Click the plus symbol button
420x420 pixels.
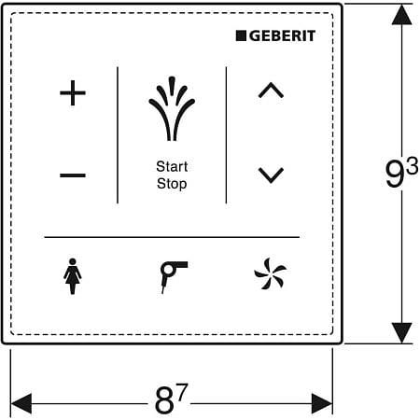pyautogui.click(x=73, y=92)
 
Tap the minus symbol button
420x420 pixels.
pyautogui.click(x=73, y=175)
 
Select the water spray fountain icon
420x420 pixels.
pyautogui.click(x=172, y=109)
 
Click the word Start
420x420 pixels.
pyautogui.click(x=172, y=166)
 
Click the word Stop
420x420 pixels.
pyautogui.click(x=172, y=184)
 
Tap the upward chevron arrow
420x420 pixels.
pyautogui.click(x=271, y=91)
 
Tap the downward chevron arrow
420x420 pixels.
pyautogui.click(x=271, y=175)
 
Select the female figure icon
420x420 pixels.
pyautogui.click(x=73, y=276)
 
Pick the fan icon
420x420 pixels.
pyautogui.click(x=270, y=273)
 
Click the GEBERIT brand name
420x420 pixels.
pyautogui.click(x=282, y=35)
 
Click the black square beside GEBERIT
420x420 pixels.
pyautogui.click(x=241, y=35)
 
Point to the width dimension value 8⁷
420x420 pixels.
pyautogui.click(x=171, y=399)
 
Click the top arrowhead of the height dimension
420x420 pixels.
pyautogui.click(x=401, y=15)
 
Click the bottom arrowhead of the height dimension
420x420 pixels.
pyautogui.click(x=401, y=333)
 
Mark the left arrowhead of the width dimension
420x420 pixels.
pyautogui.click(x=21, y=403)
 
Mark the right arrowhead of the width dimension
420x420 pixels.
pyautogui.click(x=322, y=403)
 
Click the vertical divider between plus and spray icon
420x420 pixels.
pyautogui.click(x=118, y=135)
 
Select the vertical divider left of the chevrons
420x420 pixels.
pyautogui.click(x=226, y=135)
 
